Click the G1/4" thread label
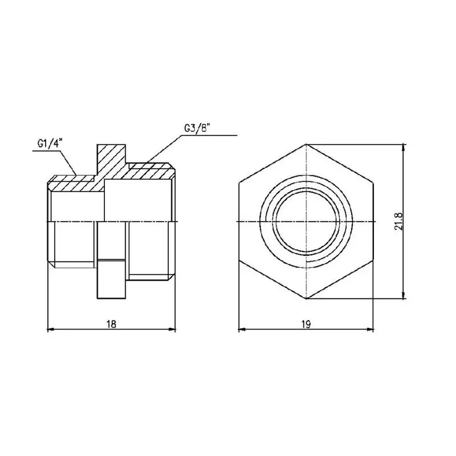coord(49,144)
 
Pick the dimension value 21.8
coord(398,221)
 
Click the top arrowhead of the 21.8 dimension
coord(404,147)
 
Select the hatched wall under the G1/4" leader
coord(73,183)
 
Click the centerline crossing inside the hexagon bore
coord(307,222)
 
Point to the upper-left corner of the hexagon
coord(239,183)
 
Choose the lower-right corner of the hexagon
coord(374,260)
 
